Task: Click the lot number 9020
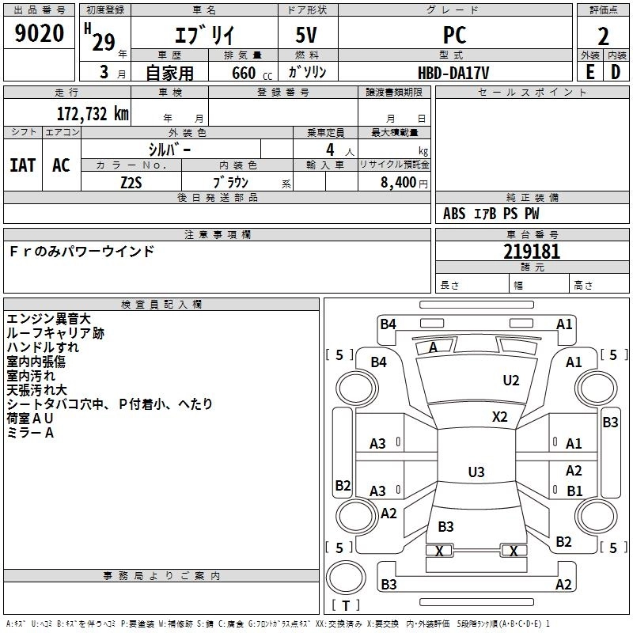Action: [39, 33]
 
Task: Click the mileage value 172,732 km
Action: [93, 114]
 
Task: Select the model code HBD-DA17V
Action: [453, 73]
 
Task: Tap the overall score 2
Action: [603, 36]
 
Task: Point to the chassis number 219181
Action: [532, 252]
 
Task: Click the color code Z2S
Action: [131, 183]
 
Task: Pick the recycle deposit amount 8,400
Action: [398, 183]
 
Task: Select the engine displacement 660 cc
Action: [252, 74]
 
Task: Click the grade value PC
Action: [454, 35]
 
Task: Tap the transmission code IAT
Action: [23, 165]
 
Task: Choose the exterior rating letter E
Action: [589, 72]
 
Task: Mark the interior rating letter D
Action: [616, 72]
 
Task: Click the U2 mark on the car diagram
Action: [510, 381]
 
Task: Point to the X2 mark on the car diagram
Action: [499, 417]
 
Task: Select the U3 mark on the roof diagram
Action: [476, 472]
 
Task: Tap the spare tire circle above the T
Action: [346, 578]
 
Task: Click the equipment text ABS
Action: [454, 214]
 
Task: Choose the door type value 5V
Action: [306, 35]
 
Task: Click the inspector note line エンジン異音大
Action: [48, 319]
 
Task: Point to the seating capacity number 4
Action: [330, 150]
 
